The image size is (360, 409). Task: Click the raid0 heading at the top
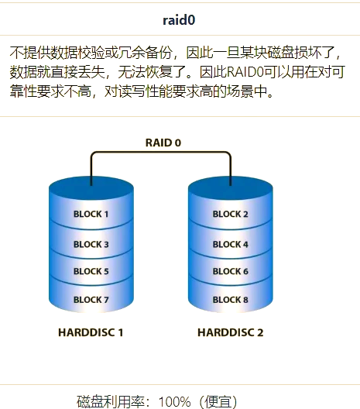[x=179, y=20]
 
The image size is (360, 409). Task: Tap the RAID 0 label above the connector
[x=163, y=143]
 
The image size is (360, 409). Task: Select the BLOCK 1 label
[x=91, y=214]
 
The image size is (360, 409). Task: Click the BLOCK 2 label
[x=230, y=214]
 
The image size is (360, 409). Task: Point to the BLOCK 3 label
[x=91, y=244]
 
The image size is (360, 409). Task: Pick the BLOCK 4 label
[x=231, y=244]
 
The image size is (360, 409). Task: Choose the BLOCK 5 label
[x=91, y=271]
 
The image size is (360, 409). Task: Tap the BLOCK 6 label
[x=231, y=271]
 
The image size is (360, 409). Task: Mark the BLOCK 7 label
[x=91, y=300]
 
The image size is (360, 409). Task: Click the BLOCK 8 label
[x=231, y=300]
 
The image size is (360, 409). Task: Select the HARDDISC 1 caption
[x=91, y=332]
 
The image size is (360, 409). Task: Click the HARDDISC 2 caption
[x=231, y=332]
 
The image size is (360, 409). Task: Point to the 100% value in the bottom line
[x=174, y=402]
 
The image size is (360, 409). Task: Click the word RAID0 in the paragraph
[x=245, y=72]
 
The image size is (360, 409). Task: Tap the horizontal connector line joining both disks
[x=161, y=152]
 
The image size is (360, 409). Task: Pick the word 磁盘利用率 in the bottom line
[x=111, y=402]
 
